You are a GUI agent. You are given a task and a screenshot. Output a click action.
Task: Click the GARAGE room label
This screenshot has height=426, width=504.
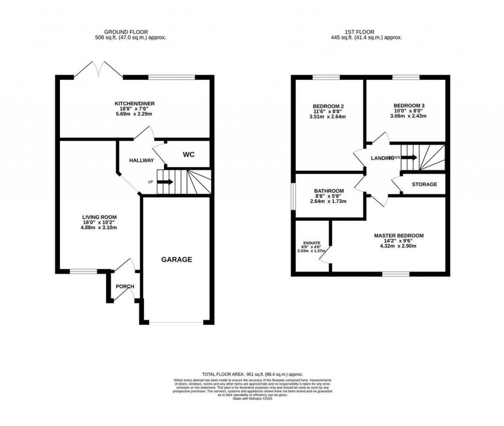[x=178, y=260]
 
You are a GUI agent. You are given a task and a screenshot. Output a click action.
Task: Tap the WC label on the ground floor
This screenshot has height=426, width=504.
[x=189, y=155]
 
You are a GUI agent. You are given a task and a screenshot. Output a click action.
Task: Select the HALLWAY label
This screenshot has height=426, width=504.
[x=141, y=161]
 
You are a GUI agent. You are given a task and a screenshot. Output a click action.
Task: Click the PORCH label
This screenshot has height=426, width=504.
[x=125, y=287]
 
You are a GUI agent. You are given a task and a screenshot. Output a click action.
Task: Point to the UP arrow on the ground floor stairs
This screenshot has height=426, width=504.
[x=165, y=182]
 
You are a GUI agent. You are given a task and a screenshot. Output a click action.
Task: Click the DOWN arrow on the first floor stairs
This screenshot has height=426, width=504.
[x=410, y=157]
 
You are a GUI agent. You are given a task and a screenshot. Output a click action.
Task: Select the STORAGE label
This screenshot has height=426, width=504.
[x=424, y=184]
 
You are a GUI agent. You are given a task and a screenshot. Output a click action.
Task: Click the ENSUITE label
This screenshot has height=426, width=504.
[x=311, y=243]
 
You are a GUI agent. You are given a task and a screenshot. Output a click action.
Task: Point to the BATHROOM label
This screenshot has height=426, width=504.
[x=329, y=191]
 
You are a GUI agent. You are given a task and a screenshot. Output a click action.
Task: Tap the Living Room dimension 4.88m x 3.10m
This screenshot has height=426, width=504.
[x=98, y=228]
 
